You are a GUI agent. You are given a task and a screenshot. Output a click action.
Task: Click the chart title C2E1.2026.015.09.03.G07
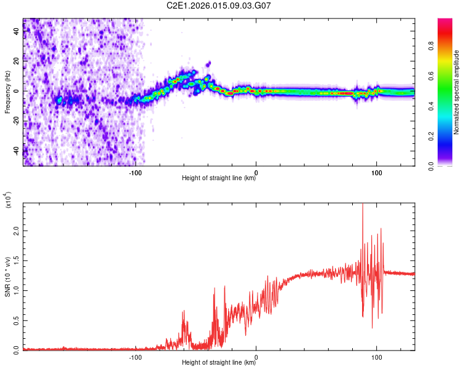click(x=219, y=6)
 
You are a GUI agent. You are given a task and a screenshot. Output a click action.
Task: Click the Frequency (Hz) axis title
click(x=7, y=92)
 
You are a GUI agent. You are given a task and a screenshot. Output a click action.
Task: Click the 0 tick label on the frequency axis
click(x=18, y=90)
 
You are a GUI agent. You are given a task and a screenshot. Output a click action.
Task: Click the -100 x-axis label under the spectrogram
click(x=136, y=172)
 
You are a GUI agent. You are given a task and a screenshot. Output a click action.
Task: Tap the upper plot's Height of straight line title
click(x=219, y=178)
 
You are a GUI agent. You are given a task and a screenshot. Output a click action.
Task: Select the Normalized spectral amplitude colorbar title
click(x=457, y=92)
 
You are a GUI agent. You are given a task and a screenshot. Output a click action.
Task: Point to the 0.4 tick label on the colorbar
click(x=447, y=106)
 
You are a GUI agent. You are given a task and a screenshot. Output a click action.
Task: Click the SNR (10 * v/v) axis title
click(x=7, y=277)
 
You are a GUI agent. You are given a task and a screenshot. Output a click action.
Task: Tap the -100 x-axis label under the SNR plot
click(x=136, y=356)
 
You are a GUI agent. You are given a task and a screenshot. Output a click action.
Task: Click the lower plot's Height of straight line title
click(x=219, y=363)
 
